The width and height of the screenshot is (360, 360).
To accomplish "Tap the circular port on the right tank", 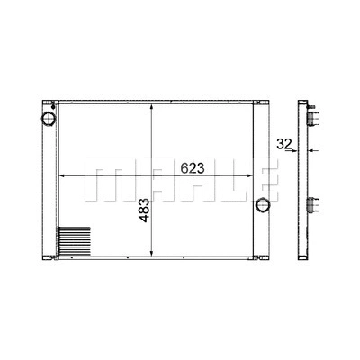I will [x=263, y=203].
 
